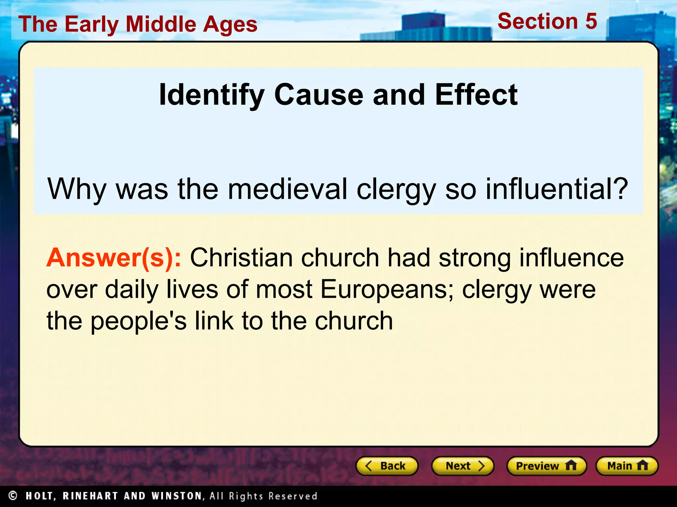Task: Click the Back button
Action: click(387, 466)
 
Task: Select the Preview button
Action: click(546, 466)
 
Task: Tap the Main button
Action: click(627, 466)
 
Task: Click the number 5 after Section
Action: click(591, 21)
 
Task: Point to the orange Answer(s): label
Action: click(114, 258)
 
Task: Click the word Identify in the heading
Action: click(212, 95)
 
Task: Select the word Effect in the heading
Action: click(476, 95)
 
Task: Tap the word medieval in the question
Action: click(288, 189)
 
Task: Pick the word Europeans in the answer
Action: click(387, 289)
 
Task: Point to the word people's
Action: click(139, 321)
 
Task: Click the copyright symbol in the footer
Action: click(13, 495)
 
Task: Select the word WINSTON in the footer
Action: click(177, 496)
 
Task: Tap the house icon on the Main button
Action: click(642, 465)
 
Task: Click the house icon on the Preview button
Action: click(571, 465)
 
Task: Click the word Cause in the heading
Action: click(319, 95)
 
